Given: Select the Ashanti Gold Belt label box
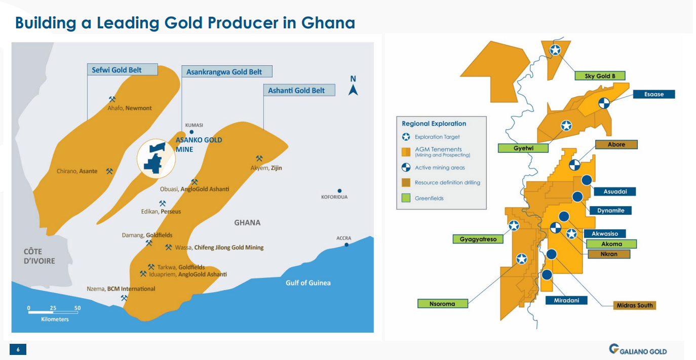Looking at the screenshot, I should pos(299,91).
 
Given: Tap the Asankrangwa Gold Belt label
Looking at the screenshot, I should pos(226,72).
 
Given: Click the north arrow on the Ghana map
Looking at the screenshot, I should pos(354,87).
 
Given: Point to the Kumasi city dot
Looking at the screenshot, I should pos(191,132).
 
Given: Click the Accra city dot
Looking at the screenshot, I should pos(346,245).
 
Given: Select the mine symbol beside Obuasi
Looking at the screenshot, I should pos(194,182).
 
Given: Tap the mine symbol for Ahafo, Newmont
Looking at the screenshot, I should pos(112,100).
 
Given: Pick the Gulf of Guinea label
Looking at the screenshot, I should pos(308,283).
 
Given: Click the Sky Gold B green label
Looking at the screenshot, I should pos(600,76).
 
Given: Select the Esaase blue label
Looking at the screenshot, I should pos(653,94).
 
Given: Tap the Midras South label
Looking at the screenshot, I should pos(634,305).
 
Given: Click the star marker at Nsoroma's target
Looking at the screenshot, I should pos(521,259).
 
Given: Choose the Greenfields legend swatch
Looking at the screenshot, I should pos(406,198).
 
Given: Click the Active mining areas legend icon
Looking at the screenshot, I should pos(406,168).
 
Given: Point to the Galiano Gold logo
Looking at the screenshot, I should pos(638,350).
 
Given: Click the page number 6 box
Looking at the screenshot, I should pos(18,349).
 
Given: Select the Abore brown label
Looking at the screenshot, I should pos(616,144).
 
